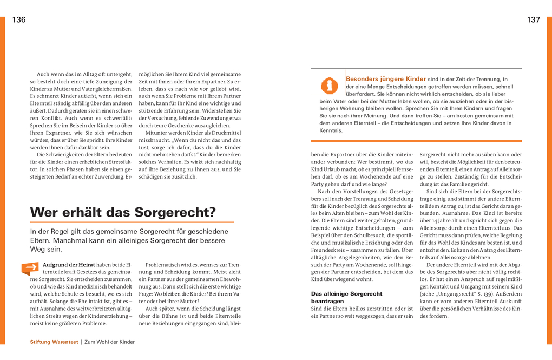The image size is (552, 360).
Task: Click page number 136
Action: click(19, 20)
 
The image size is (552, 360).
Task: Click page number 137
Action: click(533, 20)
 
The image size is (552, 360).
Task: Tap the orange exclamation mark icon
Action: click(329, 86)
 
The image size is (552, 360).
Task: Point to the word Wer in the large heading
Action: click(43, 212)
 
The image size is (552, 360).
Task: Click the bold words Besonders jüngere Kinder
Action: click(386, 79)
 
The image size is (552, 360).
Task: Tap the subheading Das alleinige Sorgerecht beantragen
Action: click(346, 297)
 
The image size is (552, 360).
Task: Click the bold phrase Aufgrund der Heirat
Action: click(69, 265)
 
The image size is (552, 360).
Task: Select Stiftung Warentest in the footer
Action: click(54, 342)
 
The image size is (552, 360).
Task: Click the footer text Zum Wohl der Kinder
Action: click(109, 342)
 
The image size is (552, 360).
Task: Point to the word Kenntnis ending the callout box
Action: click(331, 130)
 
